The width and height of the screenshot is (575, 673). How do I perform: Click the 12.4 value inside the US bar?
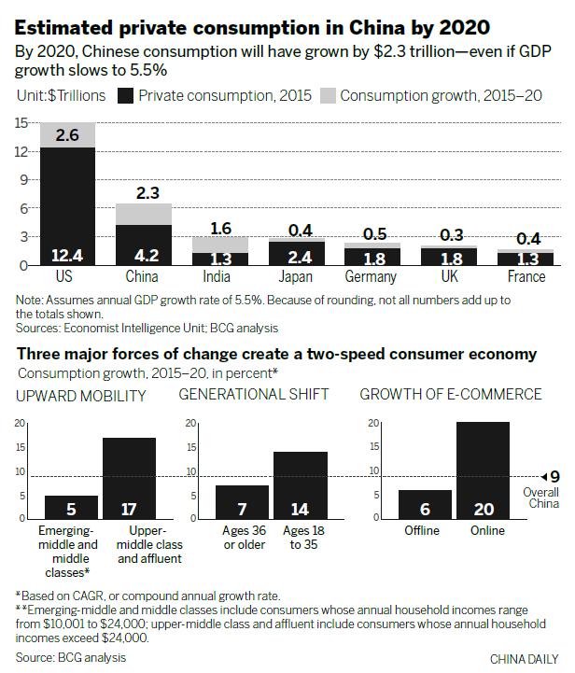[x=67, y=253]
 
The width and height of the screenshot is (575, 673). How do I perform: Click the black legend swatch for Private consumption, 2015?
[x=126, y=95]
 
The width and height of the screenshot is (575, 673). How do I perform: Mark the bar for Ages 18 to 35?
[x=301, y=486]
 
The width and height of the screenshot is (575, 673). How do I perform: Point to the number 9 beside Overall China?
[x=554, y=477]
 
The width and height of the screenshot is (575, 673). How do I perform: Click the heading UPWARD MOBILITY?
[x=81, y=395]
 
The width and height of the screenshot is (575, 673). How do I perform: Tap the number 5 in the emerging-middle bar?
[x=71, y=510]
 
